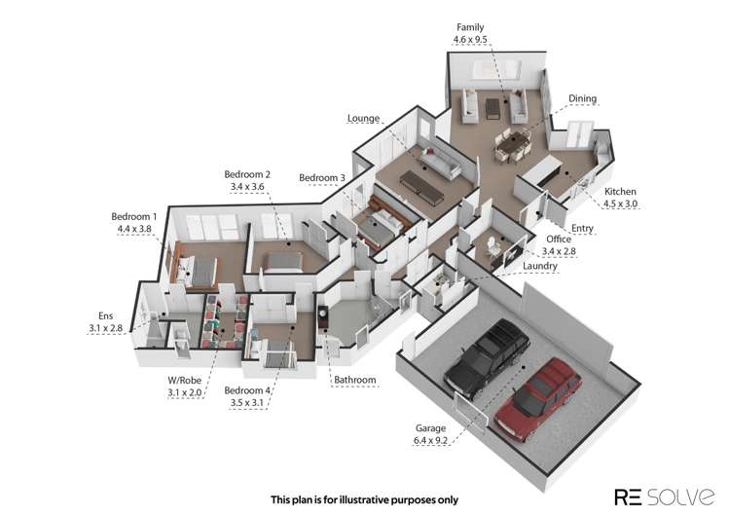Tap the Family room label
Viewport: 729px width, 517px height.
[x=470, y=27]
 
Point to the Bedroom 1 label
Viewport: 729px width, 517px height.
[x=133, y=215]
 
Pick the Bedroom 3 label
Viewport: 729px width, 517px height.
[x=322, y=177]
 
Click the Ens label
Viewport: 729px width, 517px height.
[x=106, y=316]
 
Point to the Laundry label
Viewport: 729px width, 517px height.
[x=540, y=265]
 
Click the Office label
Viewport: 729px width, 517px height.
[x=559, y=239]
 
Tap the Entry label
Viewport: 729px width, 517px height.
[x=609, y=228]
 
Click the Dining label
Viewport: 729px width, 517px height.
[x=583, y=98]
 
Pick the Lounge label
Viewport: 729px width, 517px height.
[x=363, y=119]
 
